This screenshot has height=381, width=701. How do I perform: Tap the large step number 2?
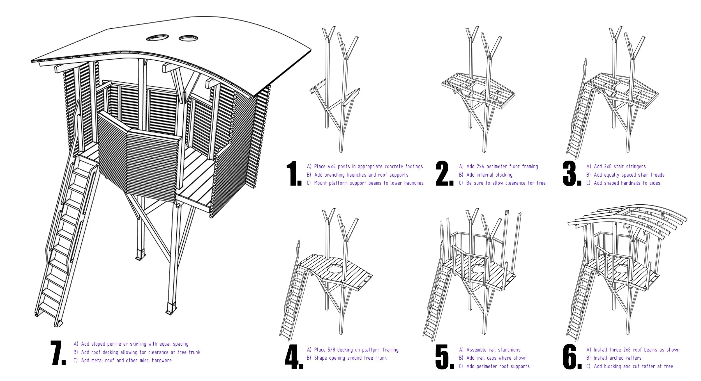coord(444,174)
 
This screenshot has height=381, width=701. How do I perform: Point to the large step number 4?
coord(294,357)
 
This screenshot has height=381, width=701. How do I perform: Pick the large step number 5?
coord(444,357)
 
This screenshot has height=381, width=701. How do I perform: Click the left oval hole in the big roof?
coord(157,38)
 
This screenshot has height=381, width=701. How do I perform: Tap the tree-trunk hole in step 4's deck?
coord(335,269)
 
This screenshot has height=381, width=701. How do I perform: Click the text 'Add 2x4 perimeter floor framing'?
coord(502,166)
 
